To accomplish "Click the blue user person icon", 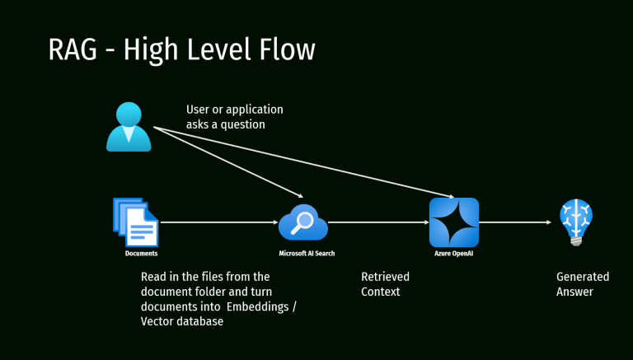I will [x=129, y=127].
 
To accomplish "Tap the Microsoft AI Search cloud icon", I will [x=302, y=222].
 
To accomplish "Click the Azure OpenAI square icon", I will [x=454, y=222].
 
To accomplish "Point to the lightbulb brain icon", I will [x=575, y=220].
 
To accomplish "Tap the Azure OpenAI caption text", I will [x=454, y=254].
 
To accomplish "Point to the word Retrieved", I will [x=385, y=277].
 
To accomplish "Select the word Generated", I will [x=583, y=277].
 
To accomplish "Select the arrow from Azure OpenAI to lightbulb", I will [x=514, y=222].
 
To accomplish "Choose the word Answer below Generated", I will [x=574, y=292].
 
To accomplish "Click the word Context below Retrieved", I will [x=381, y=292].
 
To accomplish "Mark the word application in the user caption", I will [x=251, y=110].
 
